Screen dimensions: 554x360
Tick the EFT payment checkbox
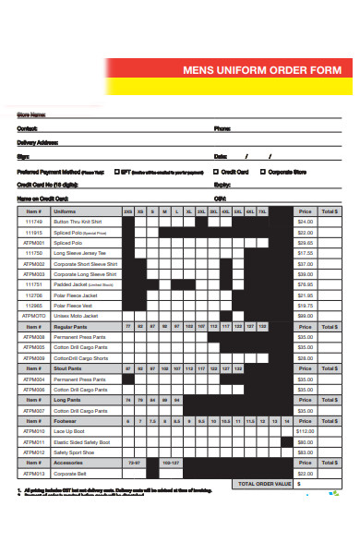point(115,171)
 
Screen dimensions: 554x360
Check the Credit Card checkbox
point(216,171)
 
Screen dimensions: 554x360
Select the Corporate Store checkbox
point(262,171)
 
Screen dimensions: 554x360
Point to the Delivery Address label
point(38,142)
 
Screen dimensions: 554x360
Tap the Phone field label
point(222,128)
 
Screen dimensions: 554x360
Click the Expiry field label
point(222,185)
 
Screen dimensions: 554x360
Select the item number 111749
point(33,222)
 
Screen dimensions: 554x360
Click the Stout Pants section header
point(70,368)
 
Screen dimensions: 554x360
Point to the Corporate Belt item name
point(70,474)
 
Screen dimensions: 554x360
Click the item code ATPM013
point(33,474)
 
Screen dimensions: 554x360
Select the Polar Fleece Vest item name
point(72,306)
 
